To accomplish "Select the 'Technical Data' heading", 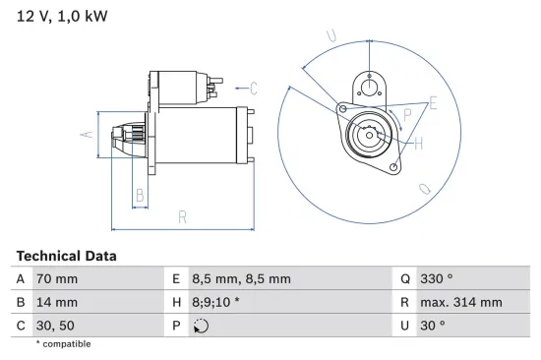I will [66, 256].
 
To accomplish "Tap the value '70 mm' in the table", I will [56, 279].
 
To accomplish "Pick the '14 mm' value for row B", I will [56, 303].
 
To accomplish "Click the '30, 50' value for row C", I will [54, 326].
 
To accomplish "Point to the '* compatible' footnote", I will [63, 344].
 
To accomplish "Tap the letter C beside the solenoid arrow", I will [253, 89].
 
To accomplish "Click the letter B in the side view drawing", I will [140, 196].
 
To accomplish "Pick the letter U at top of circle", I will [331, 37].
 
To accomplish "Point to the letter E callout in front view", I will [433, 102].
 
